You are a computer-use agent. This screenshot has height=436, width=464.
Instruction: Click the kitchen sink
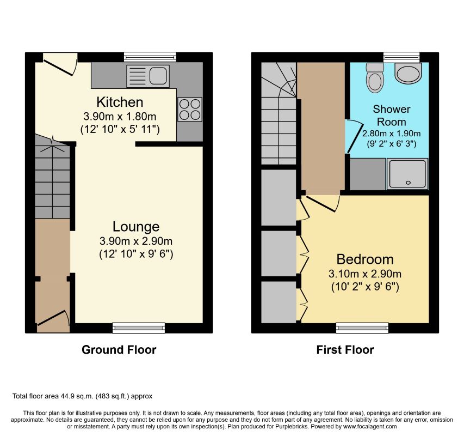point(148,76)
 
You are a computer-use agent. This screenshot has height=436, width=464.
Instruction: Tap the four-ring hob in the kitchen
point(190,110)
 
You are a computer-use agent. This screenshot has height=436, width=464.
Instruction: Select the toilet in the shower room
point(375,77)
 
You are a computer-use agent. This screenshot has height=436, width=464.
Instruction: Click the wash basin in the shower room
point(408,73)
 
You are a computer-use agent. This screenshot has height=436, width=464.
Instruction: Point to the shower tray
point(407,174)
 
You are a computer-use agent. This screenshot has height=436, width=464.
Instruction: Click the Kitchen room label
point(120,102)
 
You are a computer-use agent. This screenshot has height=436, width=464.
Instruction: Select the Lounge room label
point(136,227)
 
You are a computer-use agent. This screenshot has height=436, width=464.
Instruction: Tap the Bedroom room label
point(365,259)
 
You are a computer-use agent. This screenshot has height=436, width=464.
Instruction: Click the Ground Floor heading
point(119,350)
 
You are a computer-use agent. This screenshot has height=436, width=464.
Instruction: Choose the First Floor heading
point(345,350)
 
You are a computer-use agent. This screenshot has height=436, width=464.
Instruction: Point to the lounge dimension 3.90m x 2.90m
point(136,241)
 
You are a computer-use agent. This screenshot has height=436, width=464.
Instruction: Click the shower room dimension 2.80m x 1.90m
point(392,134)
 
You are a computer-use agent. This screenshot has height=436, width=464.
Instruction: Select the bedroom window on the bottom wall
point(362,328)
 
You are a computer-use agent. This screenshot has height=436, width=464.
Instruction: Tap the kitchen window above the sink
point(150,57)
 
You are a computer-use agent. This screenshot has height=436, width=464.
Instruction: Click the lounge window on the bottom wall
point(139,328)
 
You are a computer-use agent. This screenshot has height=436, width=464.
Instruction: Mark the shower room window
point(401,57)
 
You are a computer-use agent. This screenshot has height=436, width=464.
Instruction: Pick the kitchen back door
point(60,65)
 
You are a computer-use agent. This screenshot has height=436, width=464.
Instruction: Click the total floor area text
point(82,396)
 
